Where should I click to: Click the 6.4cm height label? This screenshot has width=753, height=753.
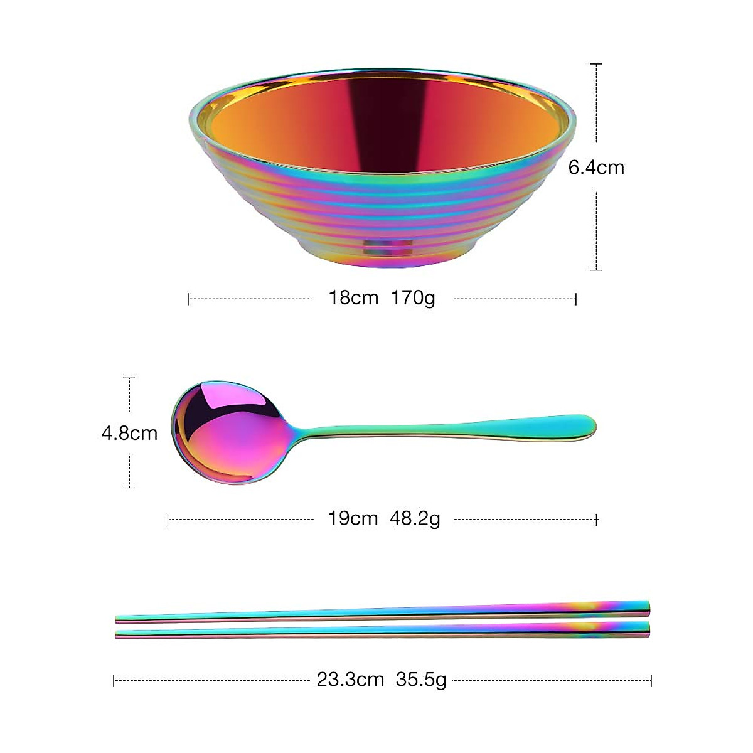tap(596, 168)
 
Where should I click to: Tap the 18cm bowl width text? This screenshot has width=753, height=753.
tap(353, 297)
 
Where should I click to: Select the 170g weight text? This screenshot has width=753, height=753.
tap(413, 297)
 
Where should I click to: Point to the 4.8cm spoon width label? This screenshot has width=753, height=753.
tap(129, 433)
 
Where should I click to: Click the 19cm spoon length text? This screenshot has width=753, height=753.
tap(353, 519)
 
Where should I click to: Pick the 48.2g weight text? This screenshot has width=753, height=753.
tap(415, 519)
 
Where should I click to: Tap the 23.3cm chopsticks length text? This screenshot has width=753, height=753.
tap(350, 680)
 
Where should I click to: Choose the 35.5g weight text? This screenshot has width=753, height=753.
tap(421, 680)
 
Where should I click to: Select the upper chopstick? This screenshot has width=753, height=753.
tap(383, 612)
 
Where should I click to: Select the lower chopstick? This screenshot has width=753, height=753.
tap(383, 631)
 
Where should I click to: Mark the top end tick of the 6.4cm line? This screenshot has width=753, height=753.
tap(596, 64)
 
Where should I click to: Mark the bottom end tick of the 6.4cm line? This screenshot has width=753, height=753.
tap(596, 270)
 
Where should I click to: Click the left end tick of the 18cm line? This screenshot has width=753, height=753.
tap(188, 299)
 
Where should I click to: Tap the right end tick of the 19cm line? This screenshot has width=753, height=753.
tap(597, 520)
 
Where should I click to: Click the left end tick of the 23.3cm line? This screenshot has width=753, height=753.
tap(114, 680)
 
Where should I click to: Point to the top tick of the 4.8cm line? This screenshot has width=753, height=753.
tap(129, 378)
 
